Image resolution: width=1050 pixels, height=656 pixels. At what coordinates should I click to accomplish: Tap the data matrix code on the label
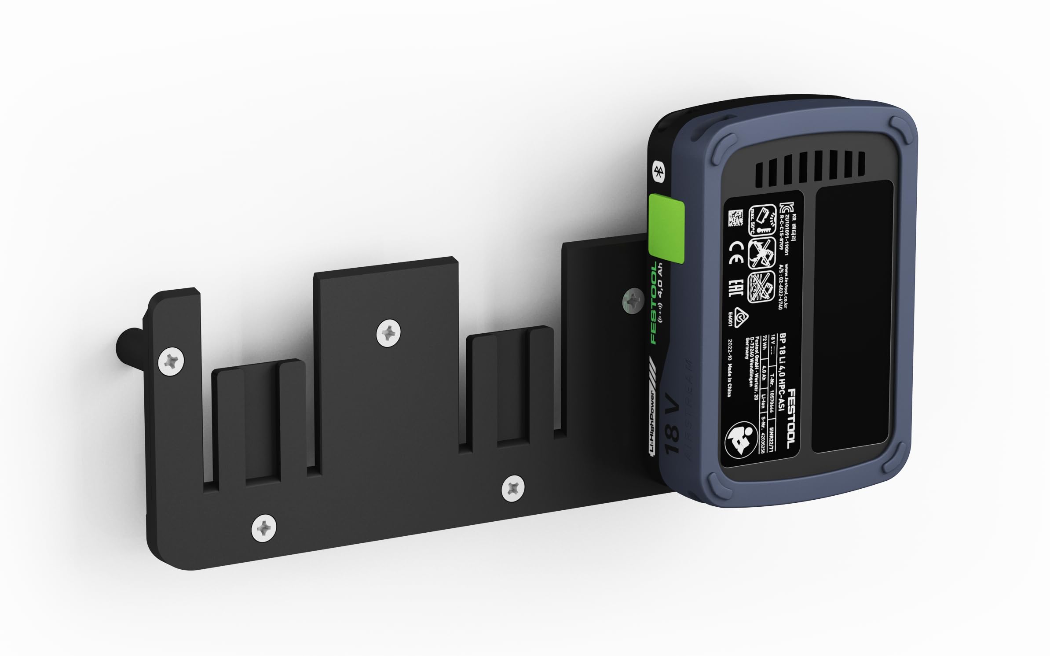[x=735, y=218]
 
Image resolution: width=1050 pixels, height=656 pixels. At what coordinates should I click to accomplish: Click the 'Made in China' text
[x=729, y=381]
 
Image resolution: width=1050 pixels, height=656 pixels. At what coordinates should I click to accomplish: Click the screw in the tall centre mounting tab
[x=388, y=334]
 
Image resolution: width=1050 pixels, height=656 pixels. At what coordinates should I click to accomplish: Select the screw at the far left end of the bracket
[x=171, y=361]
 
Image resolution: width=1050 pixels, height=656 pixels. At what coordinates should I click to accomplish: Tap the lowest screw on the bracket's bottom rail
[x=263, y=527]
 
